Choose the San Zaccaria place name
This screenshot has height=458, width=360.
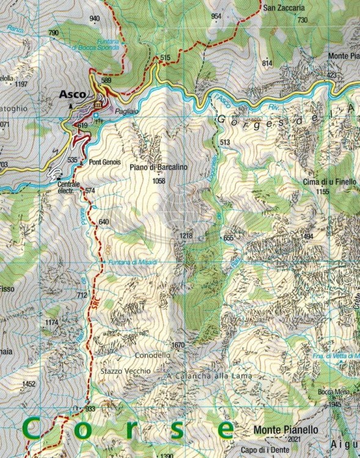click(x=284, y=9)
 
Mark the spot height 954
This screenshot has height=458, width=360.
click(x=215, y=16)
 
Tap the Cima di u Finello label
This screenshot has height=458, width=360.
click(x=324, y=182)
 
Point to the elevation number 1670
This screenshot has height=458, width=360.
click(x=178, y=345)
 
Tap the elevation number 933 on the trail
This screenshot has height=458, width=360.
click(x=90, y=409)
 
